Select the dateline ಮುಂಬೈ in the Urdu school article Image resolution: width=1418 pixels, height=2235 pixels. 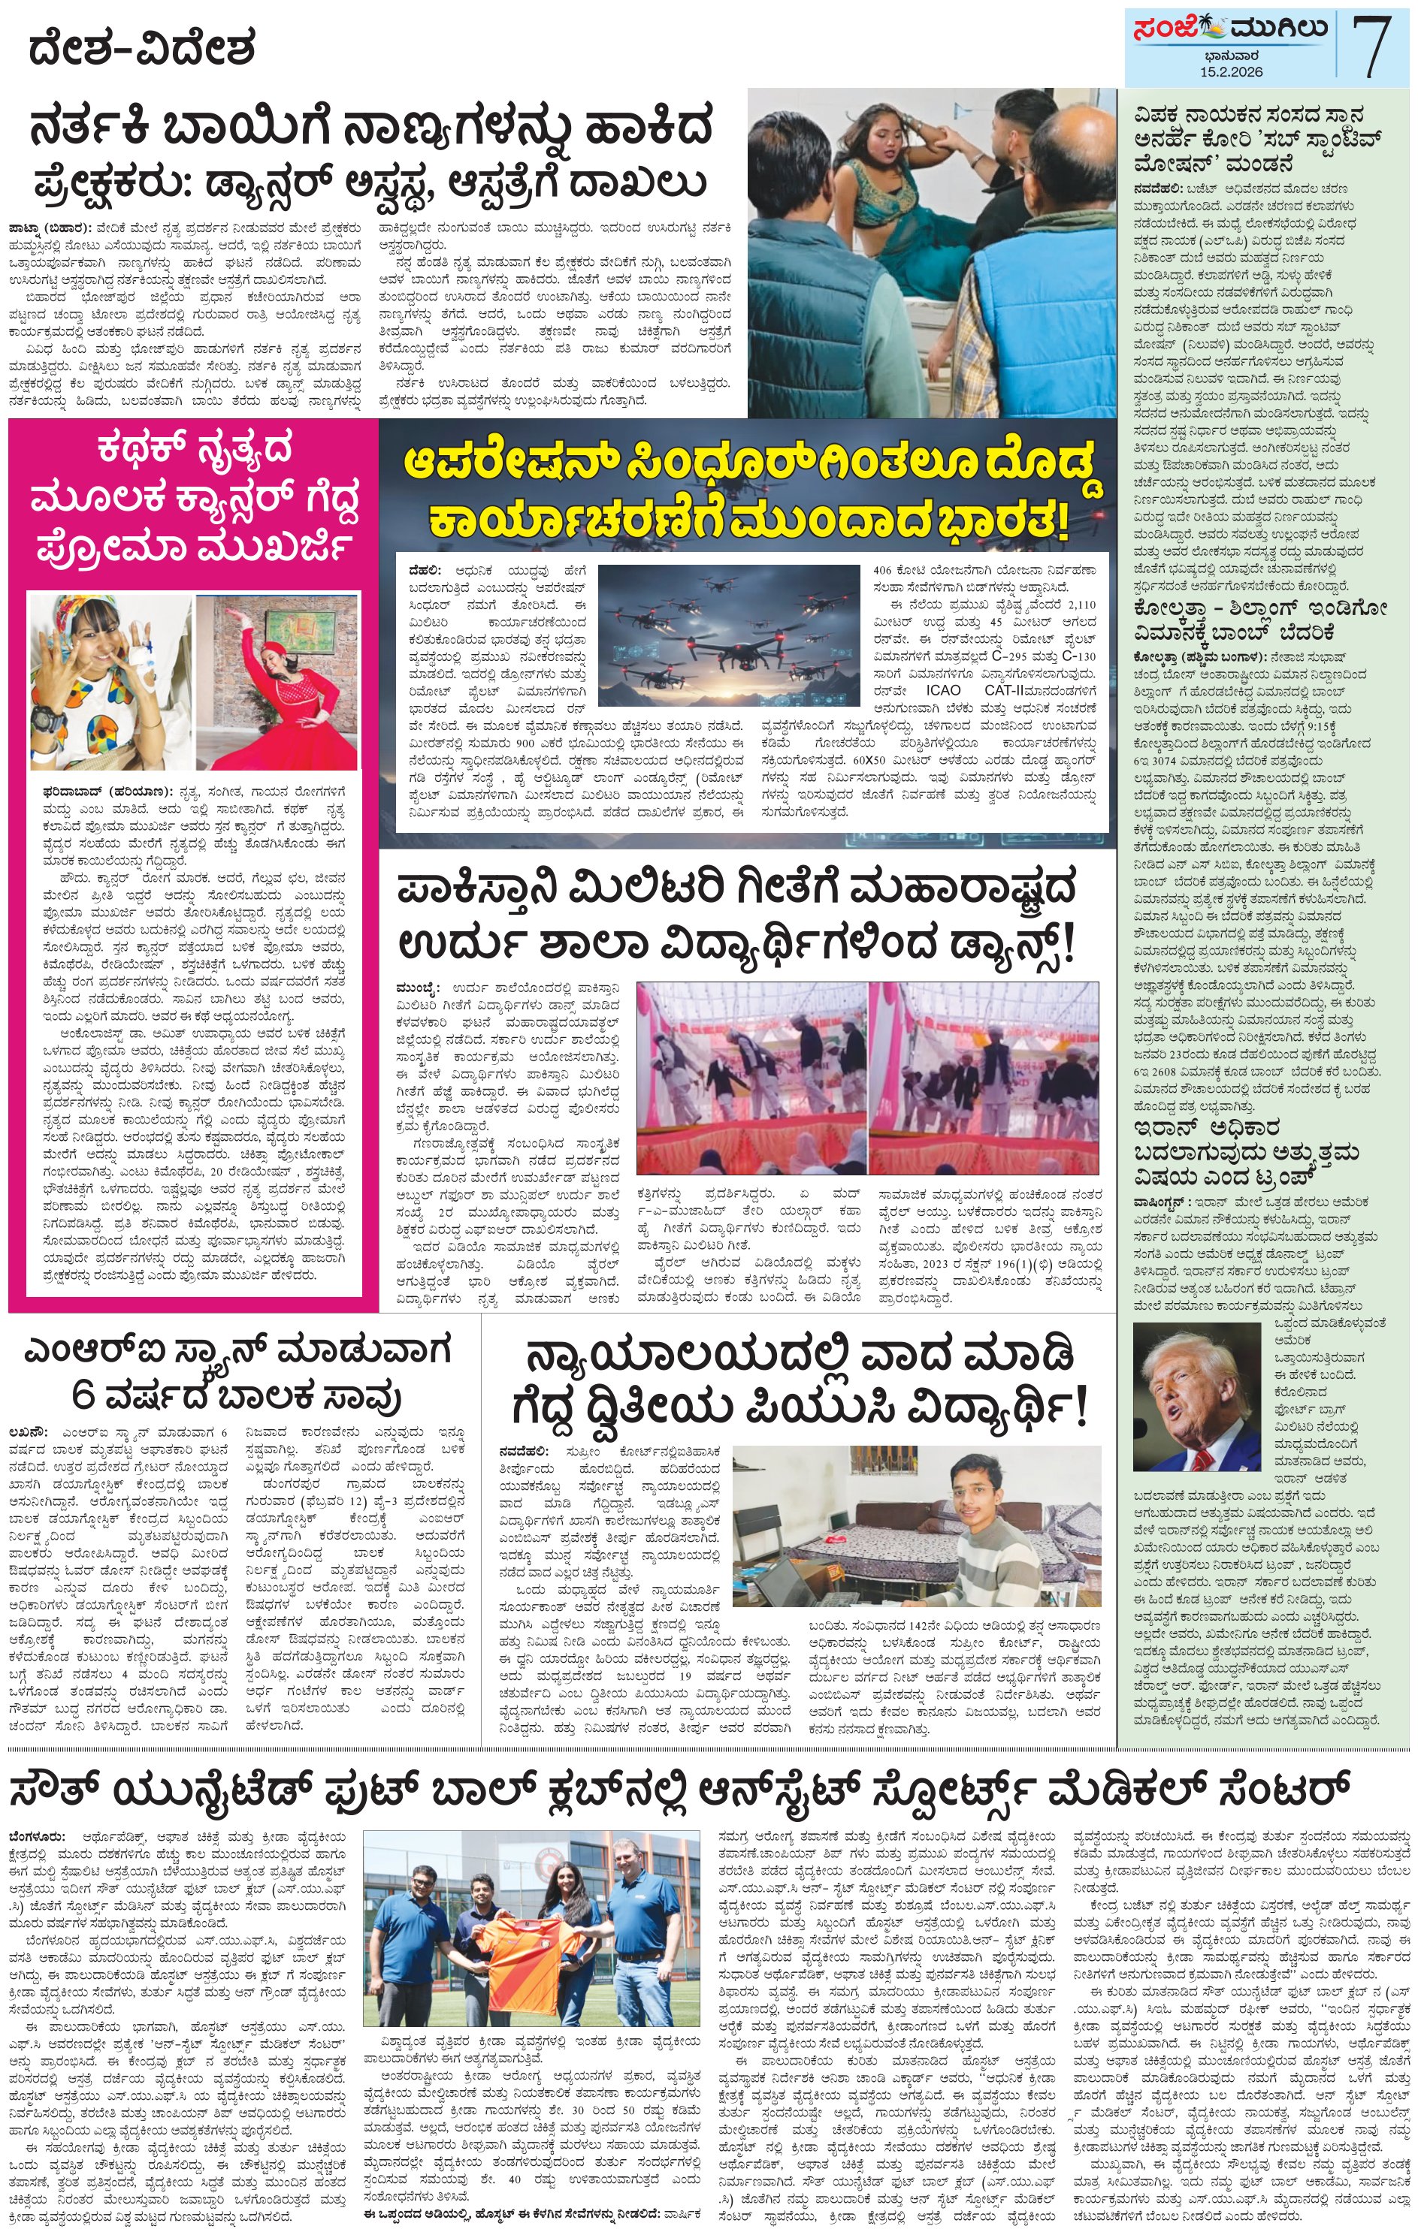415,988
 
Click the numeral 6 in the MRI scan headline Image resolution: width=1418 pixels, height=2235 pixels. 81,1394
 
